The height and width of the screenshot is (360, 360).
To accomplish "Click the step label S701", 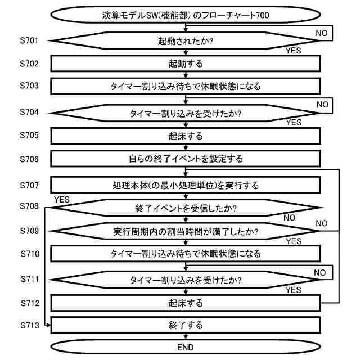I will pyautogui.click(x=29, y=40).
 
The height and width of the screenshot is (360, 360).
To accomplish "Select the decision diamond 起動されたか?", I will pyautogui.click(x=186, y=41).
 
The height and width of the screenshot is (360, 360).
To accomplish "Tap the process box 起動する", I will pyautogui.click(x=186, y=64).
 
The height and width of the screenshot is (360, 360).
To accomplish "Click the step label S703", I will pyautogui.click(x=29, y=87).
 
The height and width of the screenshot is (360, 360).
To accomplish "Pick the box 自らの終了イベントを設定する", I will pyautogui.click(x=186, y=159).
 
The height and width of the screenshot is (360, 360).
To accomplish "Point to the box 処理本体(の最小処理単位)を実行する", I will pyautogui.click(x=186, y=184).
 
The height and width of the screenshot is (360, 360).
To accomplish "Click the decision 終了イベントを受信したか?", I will pyautogui.click(x=186, y=208).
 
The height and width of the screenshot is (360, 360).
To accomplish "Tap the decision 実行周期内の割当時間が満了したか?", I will pyautogui.click(x=186, y=231).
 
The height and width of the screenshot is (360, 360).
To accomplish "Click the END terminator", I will pyautogui.click(x=186, y=347).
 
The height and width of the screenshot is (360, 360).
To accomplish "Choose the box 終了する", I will pyautogui.click(x=186, y=325).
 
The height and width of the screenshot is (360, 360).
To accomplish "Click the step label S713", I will pyautogui.click(x=29, y=325).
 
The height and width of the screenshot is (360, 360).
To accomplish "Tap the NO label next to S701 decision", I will pyautogui.click(x=321, y=33).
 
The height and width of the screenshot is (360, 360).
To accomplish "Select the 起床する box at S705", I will pyautogui.click(x=186, y=136).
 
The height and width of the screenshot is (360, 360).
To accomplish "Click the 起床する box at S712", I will pyautogui.click(x=186, y=303).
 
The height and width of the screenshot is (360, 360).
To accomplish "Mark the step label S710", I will pyautogui.click(x=29, y=254).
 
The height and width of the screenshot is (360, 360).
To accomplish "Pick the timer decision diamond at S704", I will pyautogui.click(x=186, y=113).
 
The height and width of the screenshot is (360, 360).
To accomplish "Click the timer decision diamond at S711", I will pyautogui.click(x=186, y=280).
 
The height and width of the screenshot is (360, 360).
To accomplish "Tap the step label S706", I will pyautogui.click(x=29, y=159).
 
